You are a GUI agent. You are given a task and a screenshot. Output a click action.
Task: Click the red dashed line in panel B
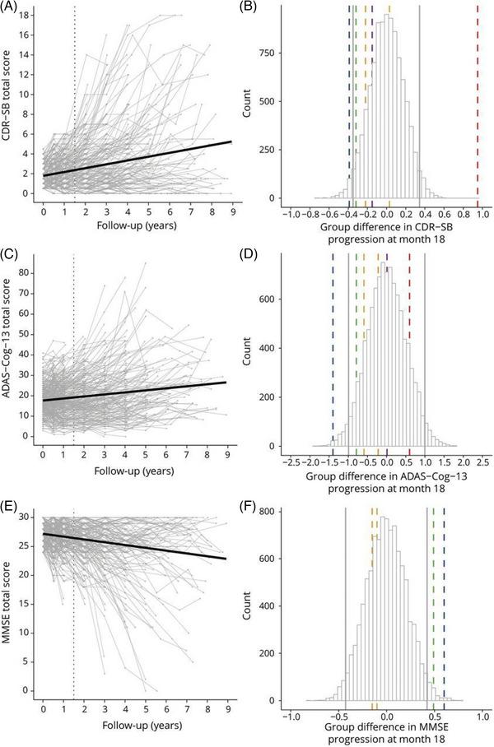click(x=478, y=107)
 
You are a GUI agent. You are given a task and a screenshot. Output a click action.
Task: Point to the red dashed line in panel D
click(x=409, y=354)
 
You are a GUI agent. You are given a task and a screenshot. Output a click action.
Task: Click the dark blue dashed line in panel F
click(x=444, y=609)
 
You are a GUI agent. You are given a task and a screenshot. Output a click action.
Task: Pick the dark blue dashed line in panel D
click(x=333, y=354)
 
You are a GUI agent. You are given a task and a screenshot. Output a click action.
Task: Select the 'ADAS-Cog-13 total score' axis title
click(x=10, y=354)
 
